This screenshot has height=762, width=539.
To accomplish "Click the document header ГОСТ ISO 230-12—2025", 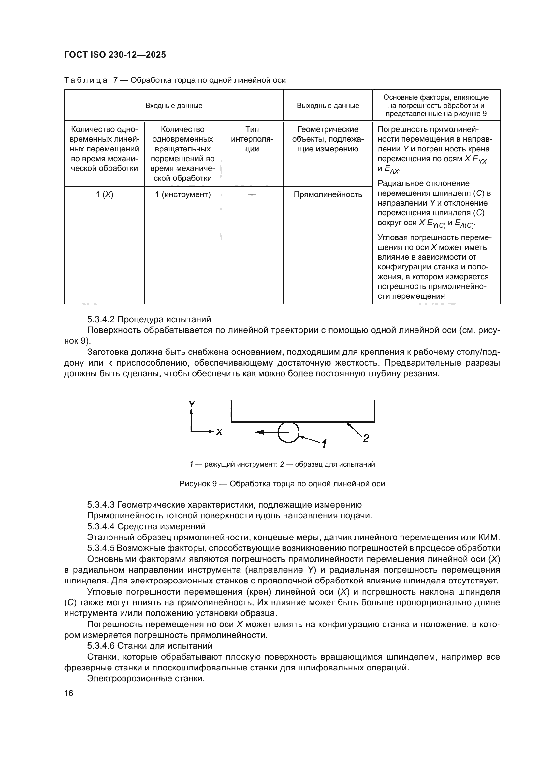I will (x=115, y=55).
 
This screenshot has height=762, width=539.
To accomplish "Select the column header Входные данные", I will (x=174, y=106).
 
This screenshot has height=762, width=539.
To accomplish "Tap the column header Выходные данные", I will (x=328, y=106).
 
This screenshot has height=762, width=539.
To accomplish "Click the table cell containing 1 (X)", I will (x=104, y=194).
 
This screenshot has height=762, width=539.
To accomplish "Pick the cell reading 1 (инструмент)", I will (x=182, y=194).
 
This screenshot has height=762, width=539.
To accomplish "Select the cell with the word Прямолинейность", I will (x=328, y=194).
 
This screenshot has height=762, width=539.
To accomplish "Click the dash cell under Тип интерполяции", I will (x=252, y=195).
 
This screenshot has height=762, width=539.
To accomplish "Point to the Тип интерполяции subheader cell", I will (x=252, y=139).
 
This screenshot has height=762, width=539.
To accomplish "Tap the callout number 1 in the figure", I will (x=324, y=443).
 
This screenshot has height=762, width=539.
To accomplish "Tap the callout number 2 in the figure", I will (x=366, y=439).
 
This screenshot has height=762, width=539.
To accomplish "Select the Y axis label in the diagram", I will (x=192, y=404).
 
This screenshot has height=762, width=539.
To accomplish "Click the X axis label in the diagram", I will (x=219, y=432).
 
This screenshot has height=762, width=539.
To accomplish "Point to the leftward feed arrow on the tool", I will (x=262, y=432).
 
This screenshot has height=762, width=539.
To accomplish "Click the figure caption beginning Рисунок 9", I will (x=282, y=484).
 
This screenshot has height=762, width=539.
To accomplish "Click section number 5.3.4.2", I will (x=101, y=319).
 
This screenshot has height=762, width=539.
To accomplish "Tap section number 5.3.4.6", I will (x=101, y=646).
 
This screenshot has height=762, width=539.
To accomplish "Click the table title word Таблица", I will (x=86, y=80).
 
